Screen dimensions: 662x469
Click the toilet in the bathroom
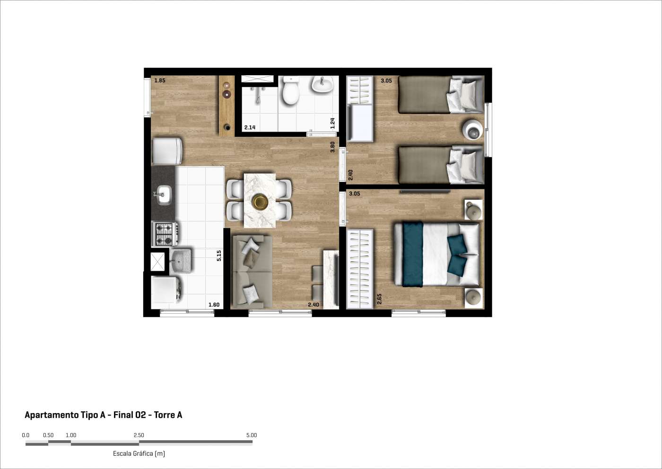tap(290, 90)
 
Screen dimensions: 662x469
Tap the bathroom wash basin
tap(322, 84)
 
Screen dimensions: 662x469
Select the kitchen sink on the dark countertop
tap(164, 195)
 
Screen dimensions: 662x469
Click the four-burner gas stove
tap(165, 234)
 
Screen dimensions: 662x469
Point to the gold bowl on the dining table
tap(260, 202)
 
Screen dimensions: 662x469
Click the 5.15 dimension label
tap(218, 256)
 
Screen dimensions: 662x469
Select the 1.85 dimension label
tap(160, 80)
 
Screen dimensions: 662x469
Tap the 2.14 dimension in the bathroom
tap(250, 127)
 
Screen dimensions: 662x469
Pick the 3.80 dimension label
tap(332, 147)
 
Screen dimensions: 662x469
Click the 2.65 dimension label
tap(379, 299)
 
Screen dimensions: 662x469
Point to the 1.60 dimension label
tap(214, 305)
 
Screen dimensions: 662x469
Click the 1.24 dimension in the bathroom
tap(332, 124)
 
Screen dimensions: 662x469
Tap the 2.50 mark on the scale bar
tap(139, 435)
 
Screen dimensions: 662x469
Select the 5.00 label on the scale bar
tap(252, 435)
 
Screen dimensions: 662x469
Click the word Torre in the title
tap(165, 415)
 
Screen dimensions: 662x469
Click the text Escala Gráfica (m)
tap(139, 454)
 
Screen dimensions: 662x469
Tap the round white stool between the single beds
tap(472, 130)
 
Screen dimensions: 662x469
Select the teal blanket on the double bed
tap(413, 254)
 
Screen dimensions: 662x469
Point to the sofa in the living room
tap(253, 272)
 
